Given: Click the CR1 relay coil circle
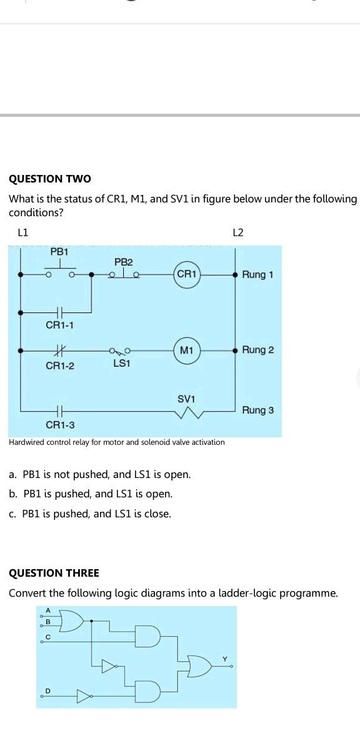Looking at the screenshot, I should pyautogui.click(x=187, y=274).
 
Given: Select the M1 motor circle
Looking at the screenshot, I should pyautogui.click(x=186, y=350).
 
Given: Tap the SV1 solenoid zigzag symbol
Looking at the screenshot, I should pyautogui.click(x=186, y=413).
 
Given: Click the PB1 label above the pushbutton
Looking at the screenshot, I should pyautogui.click(x=59, y=251).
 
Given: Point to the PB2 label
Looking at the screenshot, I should pyautogui.click(x=123, y=261).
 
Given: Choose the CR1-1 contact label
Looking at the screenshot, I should pyautogui.click(x=60, y=325).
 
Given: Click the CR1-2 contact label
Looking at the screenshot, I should pyautogui.click(x=60, y=366).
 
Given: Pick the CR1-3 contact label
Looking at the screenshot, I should pyautogui.click(x=60, y=425).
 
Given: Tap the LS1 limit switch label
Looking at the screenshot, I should pyautogui.click(x=121, y=362).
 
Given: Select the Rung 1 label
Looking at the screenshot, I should pyautogui.click(x=257, y=274).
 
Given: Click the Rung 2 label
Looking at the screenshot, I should pyautogui.click(x=257, y=350).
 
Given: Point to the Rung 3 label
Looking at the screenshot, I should pyautogui.click(x=257, y=410).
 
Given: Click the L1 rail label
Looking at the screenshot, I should pyautogui.click(x=23, y=232).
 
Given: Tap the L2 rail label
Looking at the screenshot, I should pyautogui.click(x=237, y=232).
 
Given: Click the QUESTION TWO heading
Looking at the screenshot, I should pyautogui.click(x=50, y=179).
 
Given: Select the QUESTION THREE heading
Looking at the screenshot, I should pyautogui.click(x=54, y=573).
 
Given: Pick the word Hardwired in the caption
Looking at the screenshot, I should pyautogui.click(x=28, y=442).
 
